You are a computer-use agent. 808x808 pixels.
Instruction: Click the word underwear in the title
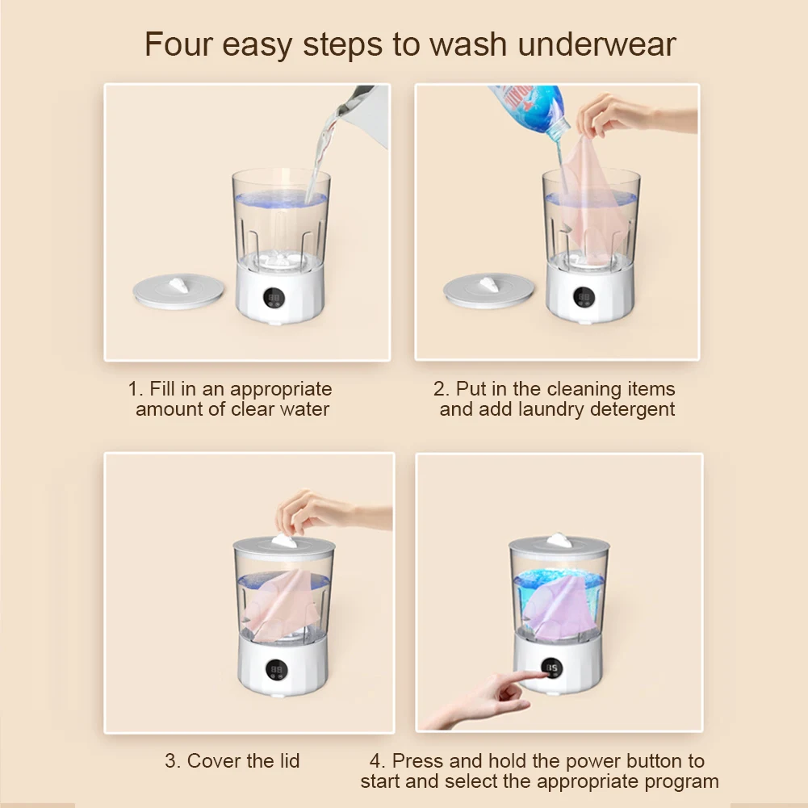click(x=597, y=44)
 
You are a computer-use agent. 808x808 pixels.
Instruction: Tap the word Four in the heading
click(x=178, y=44)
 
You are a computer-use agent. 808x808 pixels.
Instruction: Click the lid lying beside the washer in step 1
click(x=178, y=291)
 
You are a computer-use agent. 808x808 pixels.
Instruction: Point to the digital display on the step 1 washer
click(x=274, y=298)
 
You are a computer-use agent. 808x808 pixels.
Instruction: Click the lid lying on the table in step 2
click(x=488, y=290)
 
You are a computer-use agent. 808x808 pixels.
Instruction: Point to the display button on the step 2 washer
click(x=584, y=297)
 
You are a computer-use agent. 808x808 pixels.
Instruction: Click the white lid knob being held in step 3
click(x=284, y=541)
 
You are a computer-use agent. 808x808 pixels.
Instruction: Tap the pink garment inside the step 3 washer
click(x=282, y=605)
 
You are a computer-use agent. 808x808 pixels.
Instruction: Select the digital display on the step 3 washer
click(x=277, y=669)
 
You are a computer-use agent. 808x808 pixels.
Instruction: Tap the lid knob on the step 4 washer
click(x=559, y=540)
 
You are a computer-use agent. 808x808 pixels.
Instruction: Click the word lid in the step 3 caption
click(x=287, y=760)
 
